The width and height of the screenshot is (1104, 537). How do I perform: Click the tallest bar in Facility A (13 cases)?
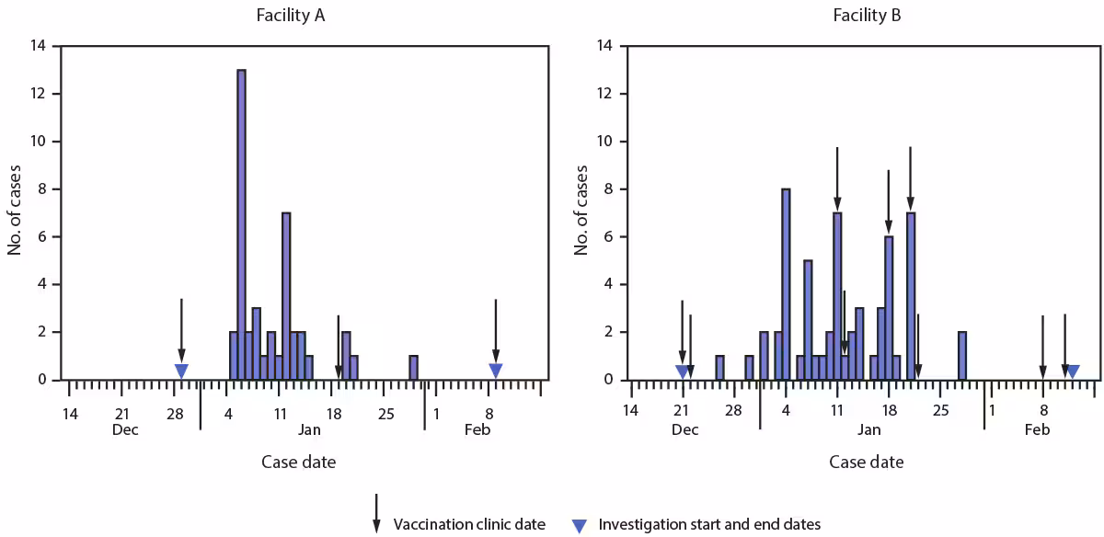pyautogui.click(x=241, y=224)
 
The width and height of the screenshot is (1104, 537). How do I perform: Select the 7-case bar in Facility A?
pyautogui.click(x=286, y=296)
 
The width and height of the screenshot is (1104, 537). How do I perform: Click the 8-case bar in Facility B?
pyautogui.click(x=786, y=284)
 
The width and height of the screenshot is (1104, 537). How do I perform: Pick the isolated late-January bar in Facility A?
pyautogui.click(x=413, y=368)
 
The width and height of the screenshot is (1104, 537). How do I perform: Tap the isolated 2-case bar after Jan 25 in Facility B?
pyautogui.click(x=961, y=356)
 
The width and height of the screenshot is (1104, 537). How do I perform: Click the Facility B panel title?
pyautogui.click(x=866, y=15)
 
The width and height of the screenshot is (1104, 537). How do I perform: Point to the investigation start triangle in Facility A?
pyautogui.click(x=181, y=371)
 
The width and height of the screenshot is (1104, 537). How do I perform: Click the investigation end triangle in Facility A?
pyautogui.click(x=496, y=371)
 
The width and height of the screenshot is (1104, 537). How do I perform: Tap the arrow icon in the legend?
pyautogui.click(x=376, y=513)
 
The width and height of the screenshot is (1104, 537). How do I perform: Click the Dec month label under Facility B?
pyautogui.click(x=684, y=429)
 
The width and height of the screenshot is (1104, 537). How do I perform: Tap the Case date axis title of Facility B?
pyautogui.click(x=866, y=462)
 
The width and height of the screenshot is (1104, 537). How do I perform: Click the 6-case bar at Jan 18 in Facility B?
pyautogui.click(x=889, y=308)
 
